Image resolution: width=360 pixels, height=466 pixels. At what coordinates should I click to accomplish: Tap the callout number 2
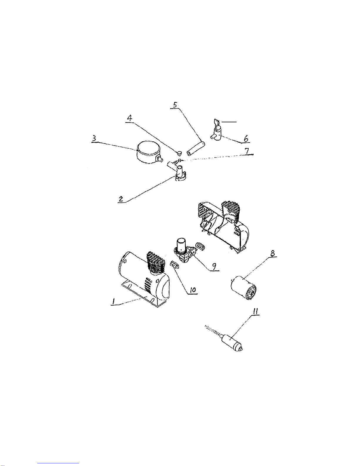point(121,199)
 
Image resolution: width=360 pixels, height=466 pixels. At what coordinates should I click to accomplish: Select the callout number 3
point(94,139)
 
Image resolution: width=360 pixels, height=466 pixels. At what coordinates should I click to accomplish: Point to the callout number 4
point(130,118)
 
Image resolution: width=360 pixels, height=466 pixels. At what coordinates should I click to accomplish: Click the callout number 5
point(175,105)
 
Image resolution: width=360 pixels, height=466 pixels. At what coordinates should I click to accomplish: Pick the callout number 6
point(246,139)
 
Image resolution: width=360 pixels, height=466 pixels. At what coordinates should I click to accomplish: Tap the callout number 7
point(247,151)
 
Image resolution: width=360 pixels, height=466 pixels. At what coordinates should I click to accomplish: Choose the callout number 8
point(272,253)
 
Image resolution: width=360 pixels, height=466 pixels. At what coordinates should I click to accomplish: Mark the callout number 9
point(214,267)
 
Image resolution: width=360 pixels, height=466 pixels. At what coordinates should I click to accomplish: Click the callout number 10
point(193,290)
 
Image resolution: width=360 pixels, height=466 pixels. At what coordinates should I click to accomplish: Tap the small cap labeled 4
point(179,153)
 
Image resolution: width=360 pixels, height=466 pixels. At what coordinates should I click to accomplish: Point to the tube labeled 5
point(196,148)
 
